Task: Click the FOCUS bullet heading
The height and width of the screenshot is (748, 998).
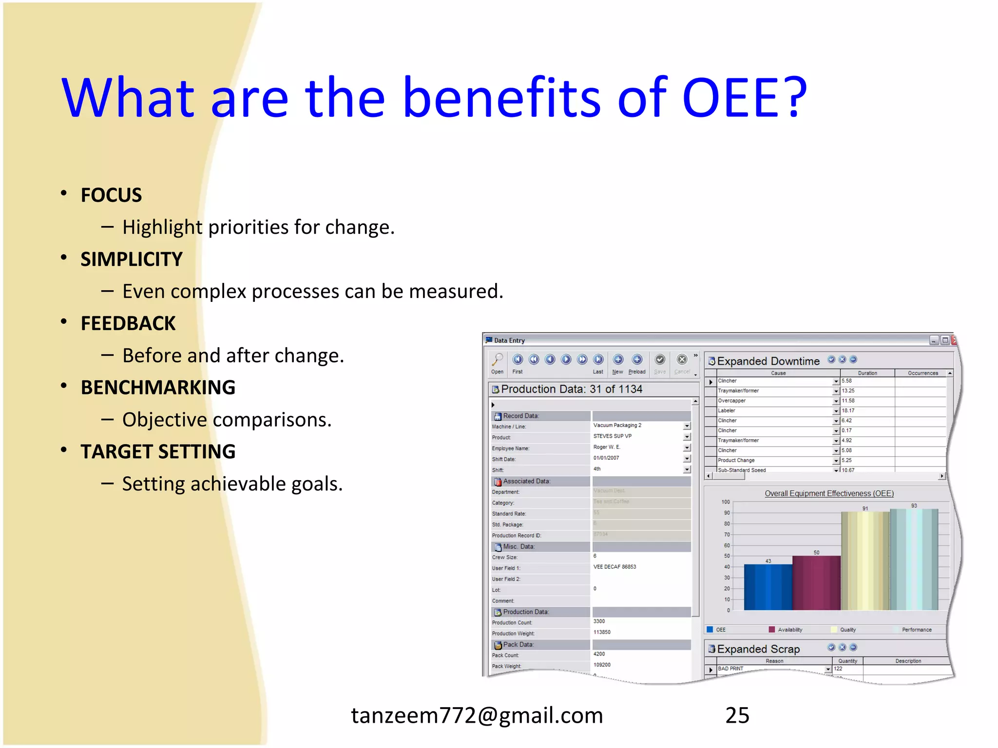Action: pos(111,195)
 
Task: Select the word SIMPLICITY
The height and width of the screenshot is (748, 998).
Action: pos(132,259)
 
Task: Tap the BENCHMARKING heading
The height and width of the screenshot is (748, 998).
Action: pos(158,388)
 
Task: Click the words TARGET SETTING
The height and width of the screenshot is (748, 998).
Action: pos(158,452)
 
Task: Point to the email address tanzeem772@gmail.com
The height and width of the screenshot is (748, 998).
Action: pos(477,715)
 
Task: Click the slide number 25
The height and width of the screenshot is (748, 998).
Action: pos(737,715)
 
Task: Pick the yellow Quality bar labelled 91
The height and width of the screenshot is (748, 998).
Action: pos(865,560)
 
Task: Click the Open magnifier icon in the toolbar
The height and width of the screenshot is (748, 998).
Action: pos(497,360)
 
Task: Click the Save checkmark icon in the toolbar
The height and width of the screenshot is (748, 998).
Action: pos(660,360)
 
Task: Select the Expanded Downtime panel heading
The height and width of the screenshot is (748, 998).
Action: pos(768,361)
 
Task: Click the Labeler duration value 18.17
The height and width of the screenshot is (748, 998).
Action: pos(848,411)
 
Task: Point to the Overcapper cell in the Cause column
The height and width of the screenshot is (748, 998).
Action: pos(732,401)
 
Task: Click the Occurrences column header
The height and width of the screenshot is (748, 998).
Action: pos(922,373)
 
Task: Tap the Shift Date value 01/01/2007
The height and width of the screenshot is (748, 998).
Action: pos(606,458)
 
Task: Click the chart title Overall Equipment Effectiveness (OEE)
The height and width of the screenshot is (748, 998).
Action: pos(829,493)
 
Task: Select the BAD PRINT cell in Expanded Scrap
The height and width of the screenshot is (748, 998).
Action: pos(731,669)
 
